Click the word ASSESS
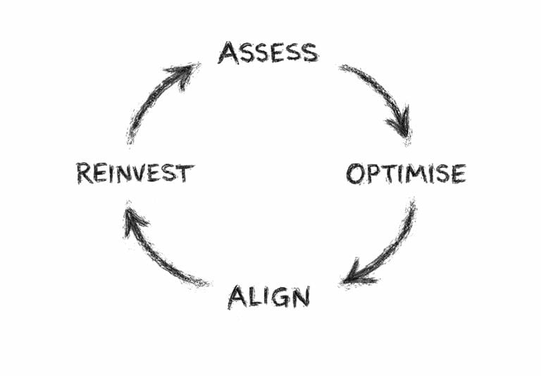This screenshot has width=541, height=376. click(x=268, y=53)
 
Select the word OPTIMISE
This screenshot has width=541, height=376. click(x=406, y=174)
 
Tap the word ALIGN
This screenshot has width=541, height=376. click(x=268, y=296)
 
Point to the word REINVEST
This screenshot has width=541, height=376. click(x=135, y=173)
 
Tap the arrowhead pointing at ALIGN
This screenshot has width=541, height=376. click(x=352, y=275)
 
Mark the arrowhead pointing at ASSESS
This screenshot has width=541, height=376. click(x=185, y=72)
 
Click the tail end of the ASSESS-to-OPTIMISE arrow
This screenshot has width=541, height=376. click(x=343, y=68)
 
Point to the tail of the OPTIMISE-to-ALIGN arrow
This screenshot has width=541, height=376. click(x=411, y=206)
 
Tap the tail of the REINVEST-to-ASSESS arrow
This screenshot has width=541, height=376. click(x=131, y=138)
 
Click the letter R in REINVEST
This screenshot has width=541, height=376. click(x=85, y=173)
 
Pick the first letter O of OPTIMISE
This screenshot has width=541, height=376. click(x=355, y=174)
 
